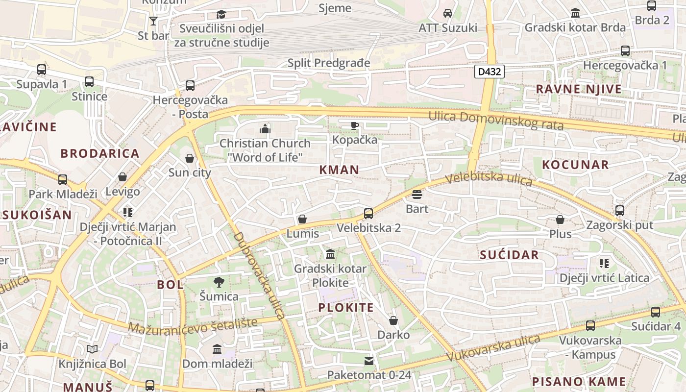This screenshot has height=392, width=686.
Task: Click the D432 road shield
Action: coord(489,72)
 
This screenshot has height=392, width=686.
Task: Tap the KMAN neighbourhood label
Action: coord(339,170)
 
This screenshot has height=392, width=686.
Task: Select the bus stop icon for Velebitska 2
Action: coord(368,214)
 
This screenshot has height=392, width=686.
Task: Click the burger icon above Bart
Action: coord(417,195)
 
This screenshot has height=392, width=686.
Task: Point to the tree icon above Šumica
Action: coord(219,282)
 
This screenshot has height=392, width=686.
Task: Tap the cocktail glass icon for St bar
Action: coord(153,21)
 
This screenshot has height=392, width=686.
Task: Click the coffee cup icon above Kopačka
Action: coord(355,125)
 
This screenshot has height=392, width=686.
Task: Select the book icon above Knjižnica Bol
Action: coord(92,349)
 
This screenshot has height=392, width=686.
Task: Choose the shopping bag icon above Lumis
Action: coord(302,219)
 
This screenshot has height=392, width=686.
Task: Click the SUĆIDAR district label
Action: coord(509,255)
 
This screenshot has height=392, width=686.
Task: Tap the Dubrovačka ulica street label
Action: coord(259,275)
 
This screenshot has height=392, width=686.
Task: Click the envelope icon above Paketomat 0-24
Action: coord(369,361)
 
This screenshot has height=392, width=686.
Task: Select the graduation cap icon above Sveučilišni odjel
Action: coord(221,14)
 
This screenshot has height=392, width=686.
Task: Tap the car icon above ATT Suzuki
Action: coord(447,13)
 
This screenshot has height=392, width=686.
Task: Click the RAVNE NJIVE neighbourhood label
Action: coord(579,89)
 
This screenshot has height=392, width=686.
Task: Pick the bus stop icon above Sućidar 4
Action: coord(656,312)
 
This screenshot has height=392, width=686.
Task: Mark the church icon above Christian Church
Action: coord(265,129)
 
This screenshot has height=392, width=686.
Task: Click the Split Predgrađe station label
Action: coord(329,63)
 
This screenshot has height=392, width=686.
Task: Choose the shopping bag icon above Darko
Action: coord(393,320)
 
